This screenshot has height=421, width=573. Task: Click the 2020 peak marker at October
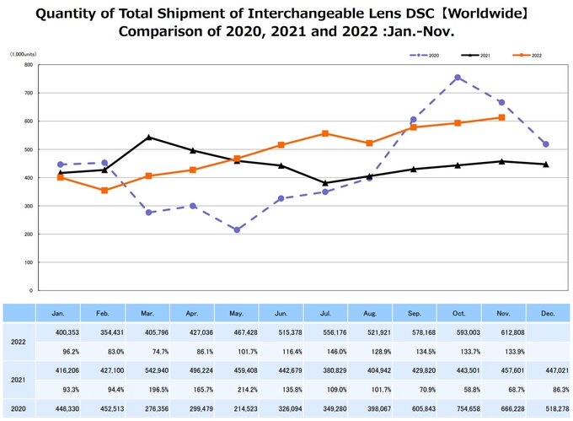(457, 78)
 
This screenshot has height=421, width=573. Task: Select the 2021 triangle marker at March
(148, 137)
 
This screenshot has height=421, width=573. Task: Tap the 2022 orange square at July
(325, 133)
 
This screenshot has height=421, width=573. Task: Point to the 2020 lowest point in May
(237, 229)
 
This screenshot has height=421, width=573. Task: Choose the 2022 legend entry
(527, 55)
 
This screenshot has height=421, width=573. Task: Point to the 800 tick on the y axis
(28, 64)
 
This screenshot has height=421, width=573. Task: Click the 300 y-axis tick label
(28, 206)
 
